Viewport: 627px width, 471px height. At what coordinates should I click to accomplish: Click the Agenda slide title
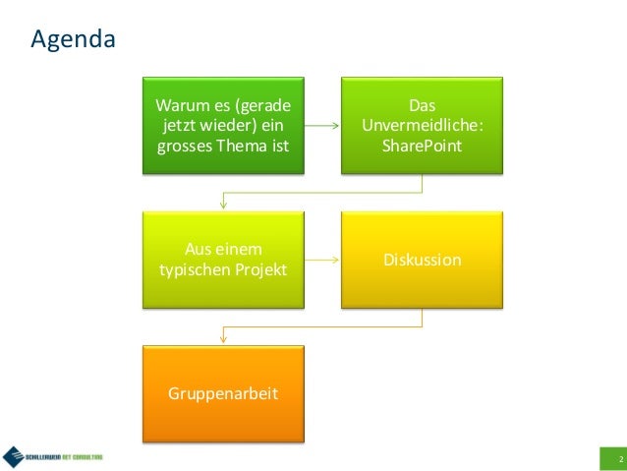(x=73, y=40)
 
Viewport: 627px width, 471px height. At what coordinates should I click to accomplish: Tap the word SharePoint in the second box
(x=422, y=147)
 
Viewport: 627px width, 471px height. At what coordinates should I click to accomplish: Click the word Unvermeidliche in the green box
(x=423, y=126)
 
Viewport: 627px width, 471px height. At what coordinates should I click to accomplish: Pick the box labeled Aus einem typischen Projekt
(x=223, y=260)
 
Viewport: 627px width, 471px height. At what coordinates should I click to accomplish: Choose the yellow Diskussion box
(x=423, y=260)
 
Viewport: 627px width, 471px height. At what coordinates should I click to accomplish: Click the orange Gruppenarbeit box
(x=223, y=393)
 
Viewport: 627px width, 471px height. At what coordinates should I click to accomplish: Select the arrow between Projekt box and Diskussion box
(x=322, y=261)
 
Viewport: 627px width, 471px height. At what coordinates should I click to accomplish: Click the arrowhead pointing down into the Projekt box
(x=224, y=205)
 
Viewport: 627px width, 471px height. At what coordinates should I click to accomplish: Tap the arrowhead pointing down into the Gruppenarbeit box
(x=224, y=338)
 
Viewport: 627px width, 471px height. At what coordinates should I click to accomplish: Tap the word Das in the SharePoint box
(x=422, y=105)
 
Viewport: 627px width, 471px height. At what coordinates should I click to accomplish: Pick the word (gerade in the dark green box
(x=267, y=106)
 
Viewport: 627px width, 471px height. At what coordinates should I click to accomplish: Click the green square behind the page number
(x=612, y=459)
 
